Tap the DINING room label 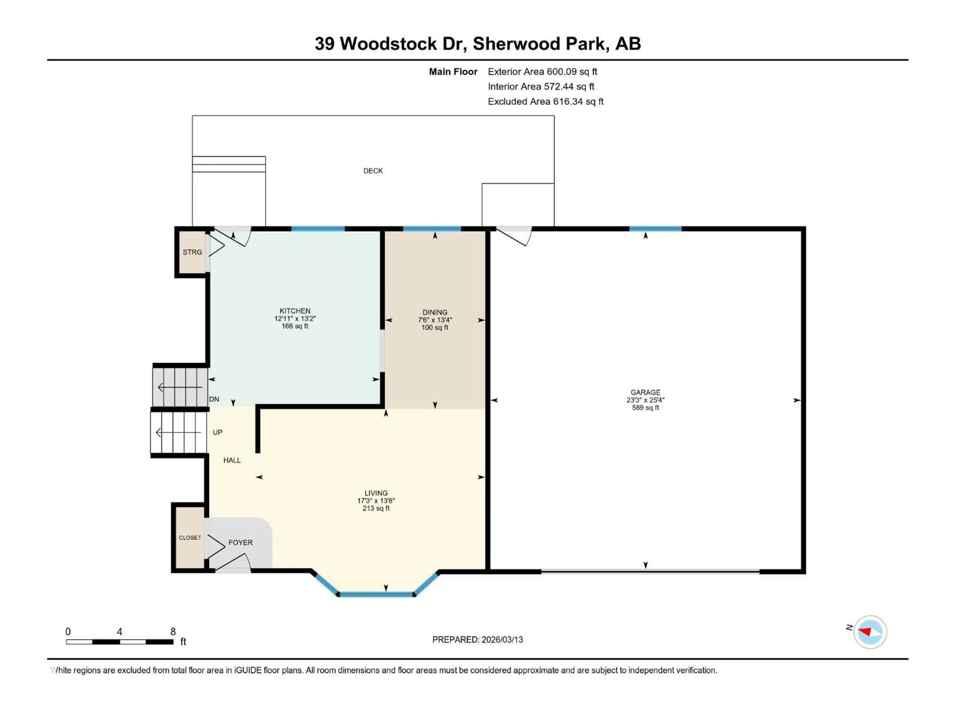coord(435,312)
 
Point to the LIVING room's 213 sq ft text coord(376,508)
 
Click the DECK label coord(373,171)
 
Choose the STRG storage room coord(192,252)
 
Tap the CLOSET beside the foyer coord(190,538)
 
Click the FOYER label coord(240,542)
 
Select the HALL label coord(232,460)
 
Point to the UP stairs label coord(217,432)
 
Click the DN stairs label coord(214,399)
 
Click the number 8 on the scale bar coord(173,631)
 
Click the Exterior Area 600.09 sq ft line coord(542,72)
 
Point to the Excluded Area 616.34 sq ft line coord(545,102)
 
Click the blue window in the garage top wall coord(655,229)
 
